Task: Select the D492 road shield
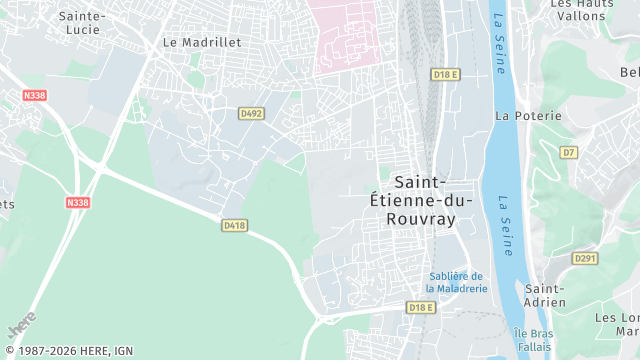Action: point(251,114)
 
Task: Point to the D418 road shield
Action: point(234,226)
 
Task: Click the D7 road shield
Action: point(568,153)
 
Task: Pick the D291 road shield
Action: point(584,258)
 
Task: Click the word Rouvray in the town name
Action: point(420,219)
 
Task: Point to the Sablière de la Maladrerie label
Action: point(456,282)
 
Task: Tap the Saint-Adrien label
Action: point(546,296)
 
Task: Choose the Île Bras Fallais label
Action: point(533,339)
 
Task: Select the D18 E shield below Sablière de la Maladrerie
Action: point(420,307)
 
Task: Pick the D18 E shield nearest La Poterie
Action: point(445,74)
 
